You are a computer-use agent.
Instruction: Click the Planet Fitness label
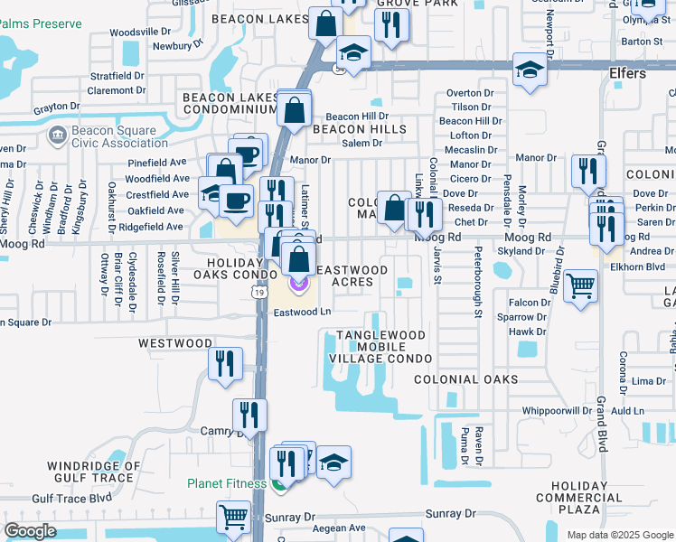(x=224, y=483)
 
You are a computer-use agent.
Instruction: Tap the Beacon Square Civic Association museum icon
(x=56, y=135)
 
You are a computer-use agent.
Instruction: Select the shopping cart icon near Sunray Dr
(x=233, y=518)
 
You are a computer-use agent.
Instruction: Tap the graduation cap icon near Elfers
(x=529, y=70)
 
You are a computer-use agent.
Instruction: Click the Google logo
(x=31, y=531)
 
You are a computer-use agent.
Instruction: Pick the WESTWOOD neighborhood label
(x=175, y=343)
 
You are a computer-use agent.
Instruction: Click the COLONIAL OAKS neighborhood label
(x=466, y=379)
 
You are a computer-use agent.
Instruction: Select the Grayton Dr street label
(x=57, y=107)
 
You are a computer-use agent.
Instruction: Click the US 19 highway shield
(x=258, y=292)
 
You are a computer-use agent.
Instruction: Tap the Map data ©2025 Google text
(x=619, y=535)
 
